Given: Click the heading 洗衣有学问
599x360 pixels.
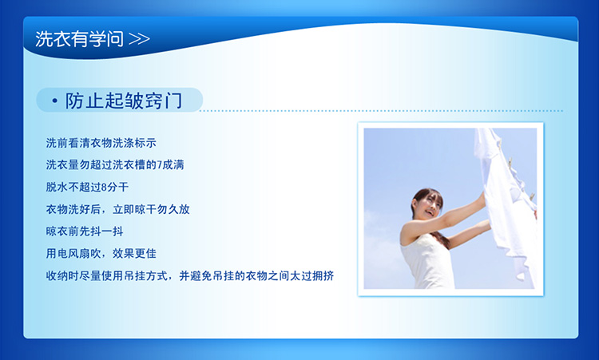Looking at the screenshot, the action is (x=79, y=39).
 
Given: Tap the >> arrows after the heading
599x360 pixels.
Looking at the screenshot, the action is (x=139, y=39).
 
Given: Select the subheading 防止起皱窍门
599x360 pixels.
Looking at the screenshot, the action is (x=124, y=101).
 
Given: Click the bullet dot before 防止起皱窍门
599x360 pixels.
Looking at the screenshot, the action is (x=55, y=101).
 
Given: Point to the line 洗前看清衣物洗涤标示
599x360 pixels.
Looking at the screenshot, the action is (x=101, y=143).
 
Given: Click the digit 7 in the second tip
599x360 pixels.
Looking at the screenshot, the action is (x=159, y=165).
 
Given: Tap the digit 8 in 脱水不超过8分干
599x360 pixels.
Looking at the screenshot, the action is (x=105, y=188).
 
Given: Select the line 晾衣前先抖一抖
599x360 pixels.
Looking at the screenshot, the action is (x=85, y=231).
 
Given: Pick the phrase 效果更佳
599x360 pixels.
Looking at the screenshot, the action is (x=134, y=254).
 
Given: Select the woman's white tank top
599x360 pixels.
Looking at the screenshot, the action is (x=427, y=264).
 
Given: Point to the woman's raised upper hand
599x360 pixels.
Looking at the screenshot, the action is (x=482, y=198).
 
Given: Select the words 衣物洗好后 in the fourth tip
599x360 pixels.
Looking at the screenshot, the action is (x=73, y=209).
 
